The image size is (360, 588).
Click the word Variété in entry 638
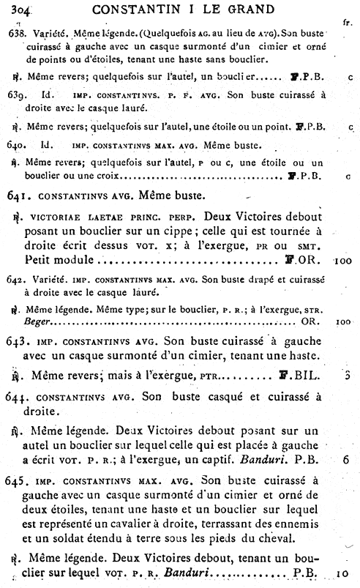pyautogui.click(x=48, y=33)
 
